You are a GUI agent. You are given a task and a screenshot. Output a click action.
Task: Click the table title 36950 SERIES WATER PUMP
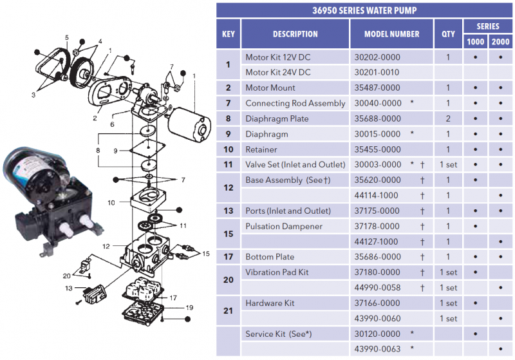(364, 10)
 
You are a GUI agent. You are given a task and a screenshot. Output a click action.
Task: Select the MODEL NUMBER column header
(391, 34)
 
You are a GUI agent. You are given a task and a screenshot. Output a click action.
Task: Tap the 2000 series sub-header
(500, 42)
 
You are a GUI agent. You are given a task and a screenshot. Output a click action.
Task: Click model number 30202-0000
(377, 57)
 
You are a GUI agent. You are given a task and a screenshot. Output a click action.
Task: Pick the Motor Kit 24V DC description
(278, 72)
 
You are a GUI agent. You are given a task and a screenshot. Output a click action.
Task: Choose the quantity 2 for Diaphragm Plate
(448, 118)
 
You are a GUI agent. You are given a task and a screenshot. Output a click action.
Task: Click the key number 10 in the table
(229, 149)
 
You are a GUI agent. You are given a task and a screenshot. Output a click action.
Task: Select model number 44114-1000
(376, 195)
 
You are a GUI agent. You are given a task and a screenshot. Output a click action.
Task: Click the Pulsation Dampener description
(284, 226)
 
